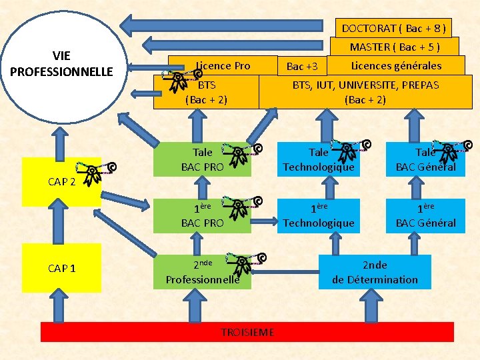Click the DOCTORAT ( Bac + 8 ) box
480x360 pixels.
click(x=393, y=28)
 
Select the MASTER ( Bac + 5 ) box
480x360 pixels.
click(x=395, y=47)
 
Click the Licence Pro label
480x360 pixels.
click(x=223, y=65)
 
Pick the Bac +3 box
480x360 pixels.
click(x=302, y=66)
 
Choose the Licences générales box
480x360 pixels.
click(x=396, y=65)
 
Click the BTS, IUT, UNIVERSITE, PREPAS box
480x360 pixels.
click(x=365, y=92)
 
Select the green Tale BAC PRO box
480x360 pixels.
click(x=203, y=160)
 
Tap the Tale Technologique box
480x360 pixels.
click(x=319, y=160)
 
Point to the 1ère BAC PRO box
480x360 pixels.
click(x=203, y=216)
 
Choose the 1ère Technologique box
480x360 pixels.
click(x=319, y=216)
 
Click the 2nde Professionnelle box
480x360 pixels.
click(x=203, y=272)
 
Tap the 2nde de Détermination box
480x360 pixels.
click(x=375, y=272)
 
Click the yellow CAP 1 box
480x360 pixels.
click(x=62, y=268)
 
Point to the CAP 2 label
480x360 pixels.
click(x=62, y=182)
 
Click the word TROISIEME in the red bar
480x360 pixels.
click(x=247, y=332)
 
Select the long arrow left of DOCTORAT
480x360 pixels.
click(x=230, y=27)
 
